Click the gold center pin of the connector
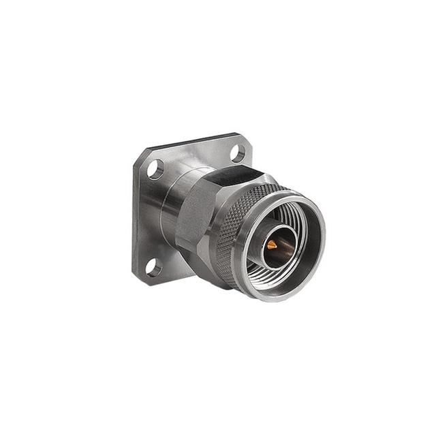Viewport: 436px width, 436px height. coord(271,244)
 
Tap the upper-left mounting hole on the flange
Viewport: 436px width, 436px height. coord(155,168)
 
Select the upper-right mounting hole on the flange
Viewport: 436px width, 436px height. coord(237,153)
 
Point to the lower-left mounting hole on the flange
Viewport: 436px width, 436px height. coord(153,267)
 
